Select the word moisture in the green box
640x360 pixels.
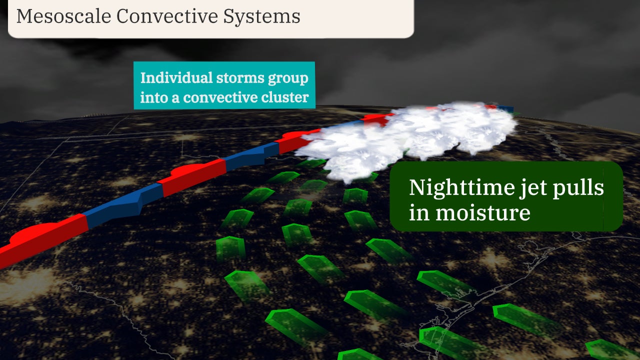482,212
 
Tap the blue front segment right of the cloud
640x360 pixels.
507,109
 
